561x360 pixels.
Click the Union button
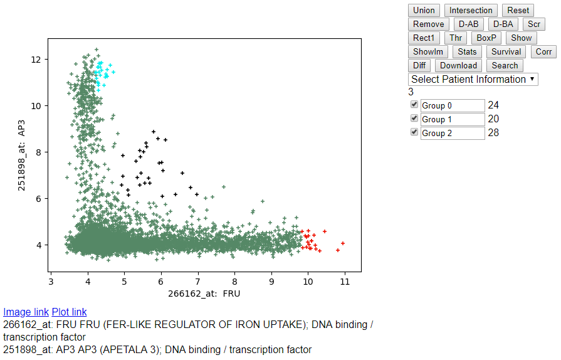point(424,11)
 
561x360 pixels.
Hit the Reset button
point(518,11)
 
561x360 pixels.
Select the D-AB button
point(468,24)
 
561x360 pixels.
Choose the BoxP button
point(486,38)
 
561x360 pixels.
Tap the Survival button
point(506,51)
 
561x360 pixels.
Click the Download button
point(458,65)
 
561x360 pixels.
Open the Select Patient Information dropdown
point(473,79)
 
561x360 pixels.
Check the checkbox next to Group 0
point(414,104)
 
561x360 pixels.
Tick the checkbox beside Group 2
point(414,132)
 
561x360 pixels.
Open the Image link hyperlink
point(26,312)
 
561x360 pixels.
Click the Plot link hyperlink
point(69,312)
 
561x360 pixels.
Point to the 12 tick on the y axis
point(46,60)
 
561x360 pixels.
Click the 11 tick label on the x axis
point(345,282)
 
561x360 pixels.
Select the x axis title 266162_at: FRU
point(204,294)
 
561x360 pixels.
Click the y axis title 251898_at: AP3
point(21,156)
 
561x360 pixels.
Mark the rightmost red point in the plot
point(343,243)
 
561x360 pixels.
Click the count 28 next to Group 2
point(493,133)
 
